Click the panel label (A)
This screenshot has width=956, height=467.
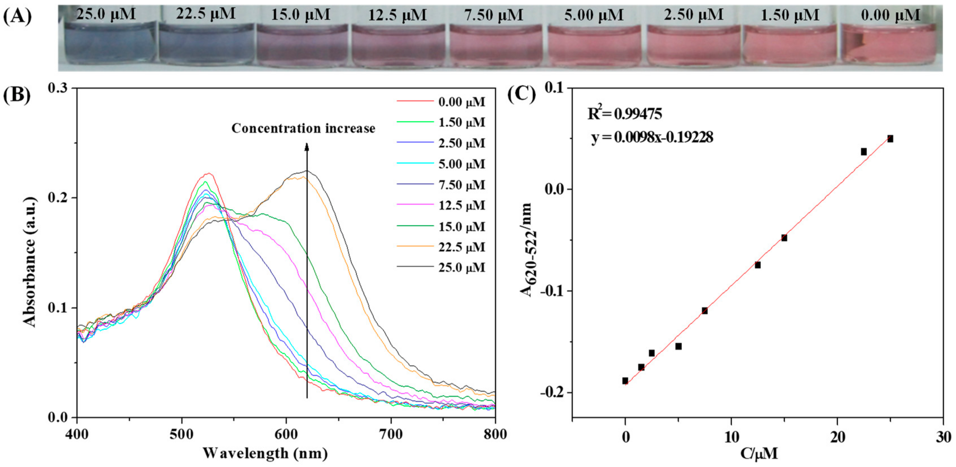(17, 16)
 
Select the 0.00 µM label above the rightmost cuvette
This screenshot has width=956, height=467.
(890, 15)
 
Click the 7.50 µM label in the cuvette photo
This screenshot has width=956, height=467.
(493, 15)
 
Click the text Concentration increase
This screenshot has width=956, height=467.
(303, 128)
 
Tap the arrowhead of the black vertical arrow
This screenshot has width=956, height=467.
(307, 147)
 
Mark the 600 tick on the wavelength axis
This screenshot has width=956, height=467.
(286, 434)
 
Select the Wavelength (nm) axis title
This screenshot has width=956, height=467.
(265, 453)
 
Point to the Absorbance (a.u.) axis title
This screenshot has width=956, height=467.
(30, 262)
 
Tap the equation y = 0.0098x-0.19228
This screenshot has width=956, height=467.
(652, 138)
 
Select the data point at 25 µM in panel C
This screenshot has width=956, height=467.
(890, 139)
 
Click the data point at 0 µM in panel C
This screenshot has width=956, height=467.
(625, 381)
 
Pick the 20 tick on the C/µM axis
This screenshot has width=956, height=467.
(837, 437)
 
